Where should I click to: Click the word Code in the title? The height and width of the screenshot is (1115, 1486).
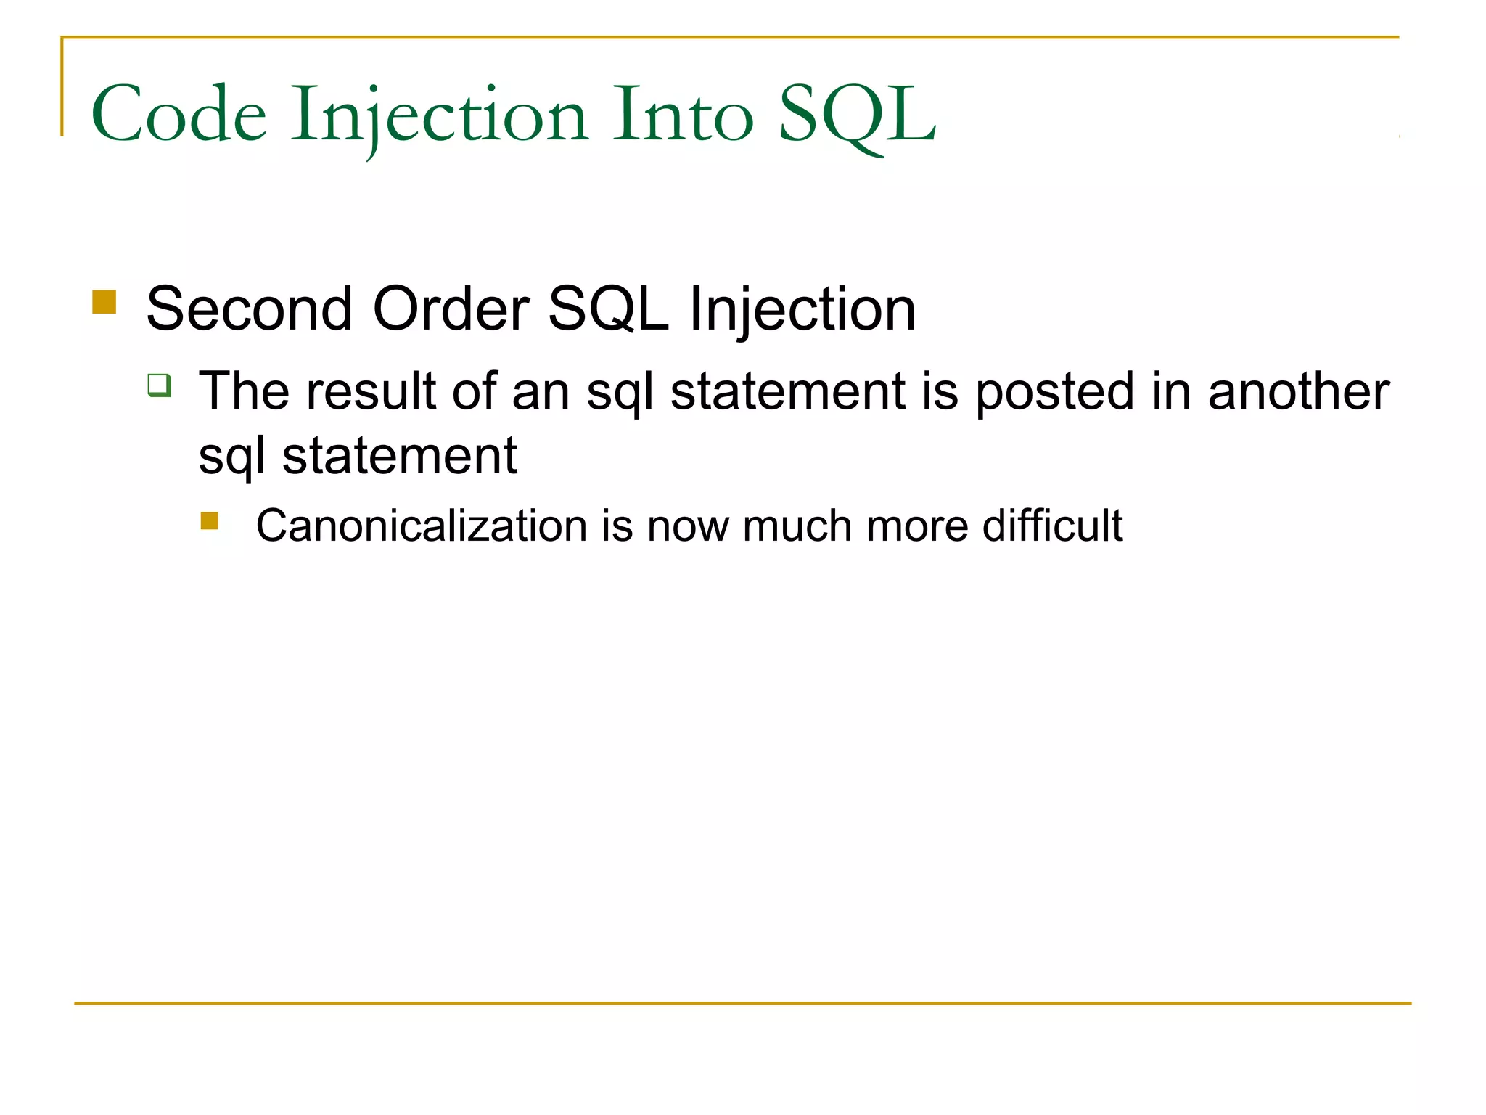click(178, 115)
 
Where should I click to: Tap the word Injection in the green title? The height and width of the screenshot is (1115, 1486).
click(438, 115)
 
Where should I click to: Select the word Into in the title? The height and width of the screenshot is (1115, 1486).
click(682, 115)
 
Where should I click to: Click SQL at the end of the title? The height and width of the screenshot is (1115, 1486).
click(856, 115)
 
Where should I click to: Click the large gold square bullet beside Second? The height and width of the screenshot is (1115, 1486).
click(104, 302)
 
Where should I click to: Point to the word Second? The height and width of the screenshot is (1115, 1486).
click(249, 309)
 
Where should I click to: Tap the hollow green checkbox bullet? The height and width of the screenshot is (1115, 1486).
click(160, 385)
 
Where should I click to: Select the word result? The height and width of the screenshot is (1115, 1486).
click(370, 391)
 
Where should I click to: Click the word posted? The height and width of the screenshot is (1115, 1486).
click(1054, 393)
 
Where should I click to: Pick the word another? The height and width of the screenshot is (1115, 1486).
click(1298, 391)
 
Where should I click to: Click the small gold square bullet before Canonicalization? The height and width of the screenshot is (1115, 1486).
click(210, 521)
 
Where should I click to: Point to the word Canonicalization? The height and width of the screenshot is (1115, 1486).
click(421, 526)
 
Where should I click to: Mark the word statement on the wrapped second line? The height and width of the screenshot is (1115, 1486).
click(399, 457)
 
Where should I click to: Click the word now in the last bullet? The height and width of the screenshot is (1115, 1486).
click(687, 527)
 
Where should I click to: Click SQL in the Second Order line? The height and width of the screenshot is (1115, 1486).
click(608, 309)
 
